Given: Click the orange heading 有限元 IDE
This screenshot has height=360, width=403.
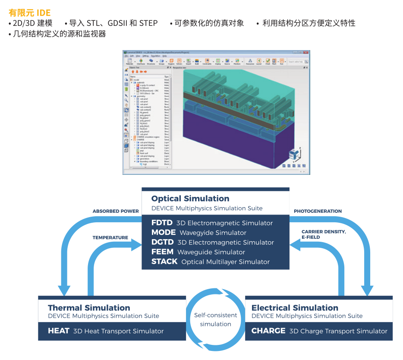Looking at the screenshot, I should (x=29, y=13).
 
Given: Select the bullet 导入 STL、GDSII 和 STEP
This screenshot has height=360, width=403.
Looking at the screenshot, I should (x=113, y=23).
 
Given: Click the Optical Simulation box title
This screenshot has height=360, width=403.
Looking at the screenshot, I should (x=190, y=199).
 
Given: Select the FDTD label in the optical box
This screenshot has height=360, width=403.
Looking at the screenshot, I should (x=162, y=223).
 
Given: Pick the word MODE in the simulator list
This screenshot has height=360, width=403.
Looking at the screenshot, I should (x=164, y=232).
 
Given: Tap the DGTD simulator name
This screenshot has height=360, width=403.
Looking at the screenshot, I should (x=162, y=242).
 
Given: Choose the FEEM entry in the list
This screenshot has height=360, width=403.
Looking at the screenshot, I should (x=162, y=252).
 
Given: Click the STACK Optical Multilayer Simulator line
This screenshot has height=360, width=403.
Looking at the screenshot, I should (x=210, y=262).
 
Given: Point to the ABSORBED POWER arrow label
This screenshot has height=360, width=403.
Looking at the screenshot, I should (x=116, y=212).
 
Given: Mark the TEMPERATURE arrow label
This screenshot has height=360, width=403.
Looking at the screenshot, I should (x=110, y=238).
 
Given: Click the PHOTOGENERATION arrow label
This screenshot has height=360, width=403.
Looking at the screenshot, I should (x=318, y=212).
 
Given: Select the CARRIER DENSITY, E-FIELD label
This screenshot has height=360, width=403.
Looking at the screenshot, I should (x=323, y=234).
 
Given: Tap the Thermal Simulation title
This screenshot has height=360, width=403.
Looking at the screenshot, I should (x=89, y=308).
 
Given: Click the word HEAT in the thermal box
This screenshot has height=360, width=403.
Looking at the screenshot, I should (x=59, y=331).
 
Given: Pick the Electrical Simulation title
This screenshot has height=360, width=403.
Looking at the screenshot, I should (x=295, y=308).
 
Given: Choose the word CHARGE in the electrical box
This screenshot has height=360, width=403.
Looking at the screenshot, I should (x=268, y=331).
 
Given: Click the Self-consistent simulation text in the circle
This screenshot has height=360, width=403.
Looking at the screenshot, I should (x=215, y=320).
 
